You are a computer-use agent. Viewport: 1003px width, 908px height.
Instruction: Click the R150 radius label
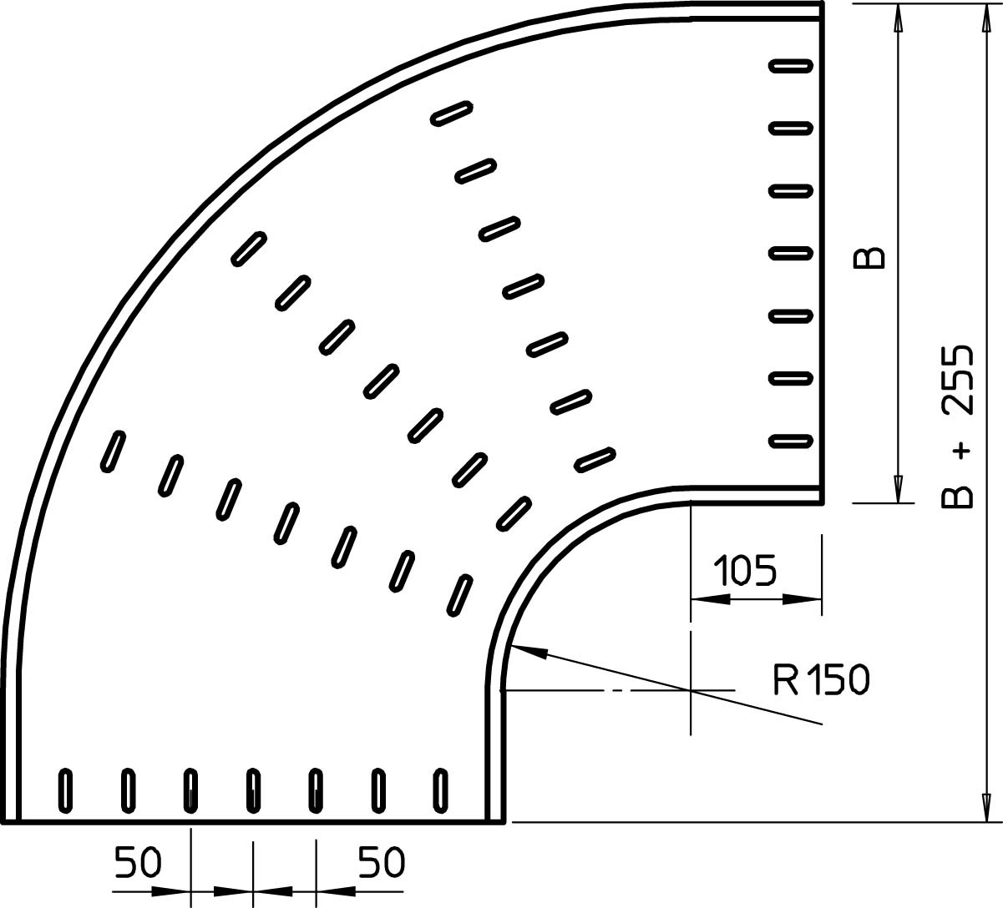[821, 679]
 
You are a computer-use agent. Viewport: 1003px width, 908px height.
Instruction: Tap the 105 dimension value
[745, 570]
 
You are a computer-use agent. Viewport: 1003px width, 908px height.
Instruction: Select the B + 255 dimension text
[958, 426]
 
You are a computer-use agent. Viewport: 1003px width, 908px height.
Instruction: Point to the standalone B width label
[869, 257]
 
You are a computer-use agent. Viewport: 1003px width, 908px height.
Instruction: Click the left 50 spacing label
[138, 862]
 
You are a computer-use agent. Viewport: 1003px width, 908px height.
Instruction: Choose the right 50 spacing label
[381, 862]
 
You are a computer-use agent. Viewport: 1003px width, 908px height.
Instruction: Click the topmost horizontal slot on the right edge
[791, 66]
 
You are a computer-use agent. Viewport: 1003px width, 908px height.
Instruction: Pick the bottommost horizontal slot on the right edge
[791, 441]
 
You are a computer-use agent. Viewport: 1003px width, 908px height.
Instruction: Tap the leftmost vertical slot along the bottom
[65, 791]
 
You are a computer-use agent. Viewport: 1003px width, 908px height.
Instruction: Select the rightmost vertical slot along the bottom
[440, 791]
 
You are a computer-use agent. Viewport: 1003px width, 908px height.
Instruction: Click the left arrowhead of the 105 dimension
[710, 598]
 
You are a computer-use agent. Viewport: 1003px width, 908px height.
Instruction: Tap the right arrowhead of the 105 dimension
[803, 598]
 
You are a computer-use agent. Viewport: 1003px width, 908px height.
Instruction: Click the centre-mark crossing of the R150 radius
[691, 690]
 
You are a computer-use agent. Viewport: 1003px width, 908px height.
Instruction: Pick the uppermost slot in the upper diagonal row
[452, 113]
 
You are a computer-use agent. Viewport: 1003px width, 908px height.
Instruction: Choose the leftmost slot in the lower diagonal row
[114, 451]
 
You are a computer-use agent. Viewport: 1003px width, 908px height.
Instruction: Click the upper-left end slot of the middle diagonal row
[249, 249]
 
